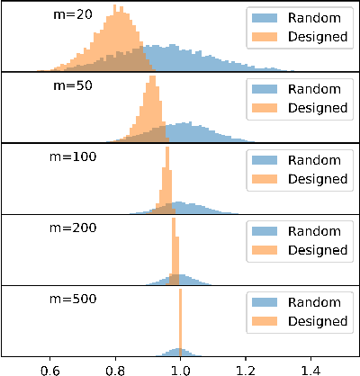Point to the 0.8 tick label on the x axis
click(115, 368)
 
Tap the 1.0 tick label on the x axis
click(181, 368)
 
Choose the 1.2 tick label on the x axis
click(246, 368)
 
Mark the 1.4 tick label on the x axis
click(311, 368)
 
